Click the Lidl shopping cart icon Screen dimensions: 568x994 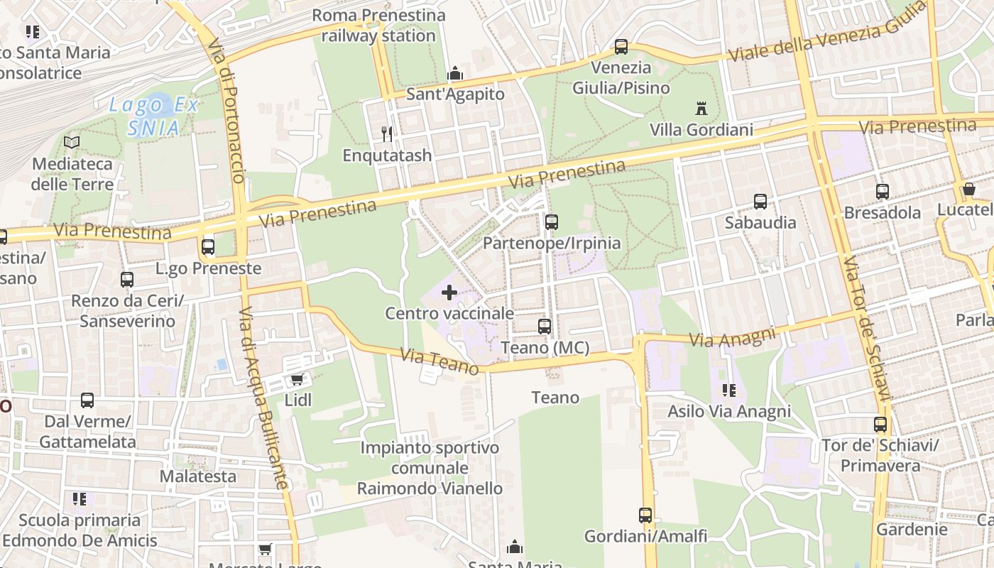point(297,380)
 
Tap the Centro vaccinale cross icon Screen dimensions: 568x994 point(449,292)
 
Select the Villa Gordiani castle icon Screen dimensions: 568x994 point(701,109)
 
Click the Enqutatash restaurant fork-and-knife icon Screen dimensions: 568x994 point(387,133)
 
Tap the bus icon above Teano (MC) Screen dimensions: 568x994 point(545,327)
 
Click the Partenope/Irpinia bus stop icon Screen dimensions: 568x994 point(552,222)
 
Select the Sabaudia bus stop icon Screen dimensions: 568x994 point(760,202)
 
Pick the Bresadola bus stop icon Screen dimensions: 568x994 point(883,192)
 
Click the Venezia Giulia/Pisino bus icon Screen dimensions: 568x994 point(621,47)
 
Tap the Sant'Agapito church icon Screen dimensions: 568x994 point(455,73)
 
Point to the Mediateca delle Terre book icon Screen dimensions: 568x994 point(72,142)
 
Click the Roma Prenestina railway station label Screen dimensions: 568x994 point(378,26)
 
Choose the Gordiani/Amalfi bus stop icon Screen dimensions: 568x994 point(645,515)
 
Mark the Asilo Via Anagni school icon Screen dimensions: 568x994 point(729,390)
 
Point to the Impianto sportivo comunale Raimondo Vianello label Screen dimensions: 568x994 point(430,468)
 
